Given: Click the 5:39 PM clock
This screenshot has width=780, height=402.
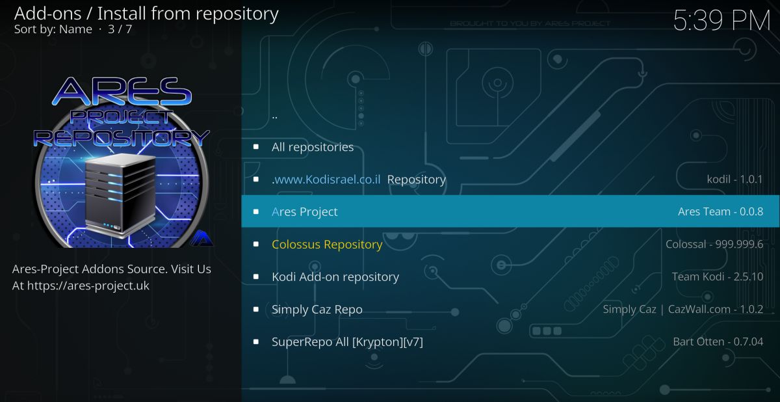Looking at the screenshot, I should point(721,21).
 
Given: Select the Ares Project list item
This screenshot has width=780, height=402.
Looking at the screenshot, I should point(305,211).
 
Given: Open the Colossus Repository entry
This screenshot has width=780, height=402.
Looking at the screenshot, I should point(326,244).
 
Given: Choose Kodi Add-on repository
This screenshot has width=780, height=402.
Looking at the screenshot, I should point(335,276).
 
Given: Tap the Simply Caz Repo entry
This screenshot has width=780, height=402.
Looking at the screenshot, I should point(317,309).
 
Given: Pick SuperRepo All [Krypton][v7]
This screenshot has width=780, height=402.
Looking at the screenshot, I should point(347,342).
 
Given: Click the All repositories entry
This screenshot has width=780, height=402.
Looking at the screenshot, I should point(312,147).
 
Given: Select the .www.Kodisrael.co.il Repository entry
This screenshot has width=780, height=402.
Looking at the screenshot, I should point(359,180).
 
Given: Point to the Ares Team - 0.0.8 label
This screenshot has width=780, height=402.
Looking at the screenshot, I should point(720,211).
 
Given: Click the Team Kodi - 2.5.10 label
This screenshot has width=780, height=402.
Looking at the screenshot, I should point(717,276).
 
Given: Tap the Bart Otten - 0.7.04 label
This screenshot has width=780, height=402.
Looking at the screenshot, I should point(718,342).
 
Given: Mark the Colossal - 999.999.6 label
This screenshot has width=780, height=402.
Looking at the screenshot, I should point(714,244).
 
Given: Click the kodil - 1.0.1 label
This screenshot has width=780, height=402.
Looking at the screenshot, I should point(734,180).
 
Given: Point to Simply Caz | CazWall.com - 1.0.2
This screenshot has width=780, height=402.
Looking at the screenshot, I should point(682,309).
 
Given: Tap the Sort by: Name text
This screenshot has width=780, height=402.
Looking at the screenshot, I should point(53,29).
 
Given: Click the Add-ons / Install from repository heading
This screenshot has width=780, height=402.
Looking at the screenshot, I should point(146,12).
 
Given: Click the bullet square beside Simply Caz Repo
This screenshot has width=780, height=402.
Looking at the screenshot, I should point(256,309).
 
